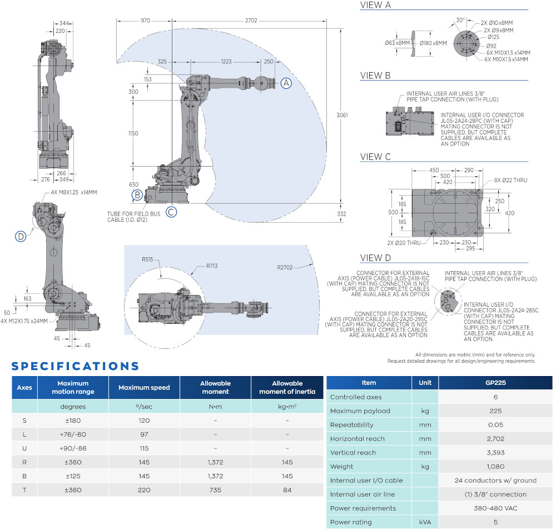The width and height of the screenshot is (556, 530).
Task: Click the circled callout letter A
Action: click(286, 83)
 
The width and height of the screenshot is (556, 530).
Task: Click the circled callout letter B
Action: click(137, 195)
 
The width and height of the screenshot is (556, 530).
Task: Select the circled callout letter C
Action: click(171, 211)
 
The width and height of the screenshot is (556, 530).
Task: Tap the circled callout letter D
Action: click(21, 237)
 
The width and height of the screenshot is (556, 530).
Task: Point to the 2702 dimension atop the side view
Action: click(251, 21)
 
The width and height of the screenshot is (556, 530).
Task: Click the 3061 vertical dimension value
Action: click(342, 115)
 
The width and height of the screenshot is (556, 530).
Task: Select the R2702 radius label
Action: click(286, 267)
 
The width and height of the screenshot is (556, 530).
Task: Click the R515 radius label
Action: click(147, 259)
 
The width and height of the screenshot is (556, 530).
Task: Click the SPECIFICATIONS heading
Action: click(75, 366)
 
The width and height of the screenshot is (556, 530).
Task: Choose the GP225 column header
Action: click(495, 383)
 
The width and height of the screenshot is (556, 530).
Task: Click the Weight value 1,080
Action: click(495, 467)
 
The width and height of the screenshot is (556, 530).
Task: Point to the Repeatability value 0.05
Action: click(495, 425)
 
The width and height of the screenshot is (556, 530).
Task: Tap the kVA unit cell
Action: click(425, 522)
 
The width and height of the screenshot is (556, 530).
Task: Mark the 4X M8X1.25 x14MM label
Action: click(71, 193)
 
